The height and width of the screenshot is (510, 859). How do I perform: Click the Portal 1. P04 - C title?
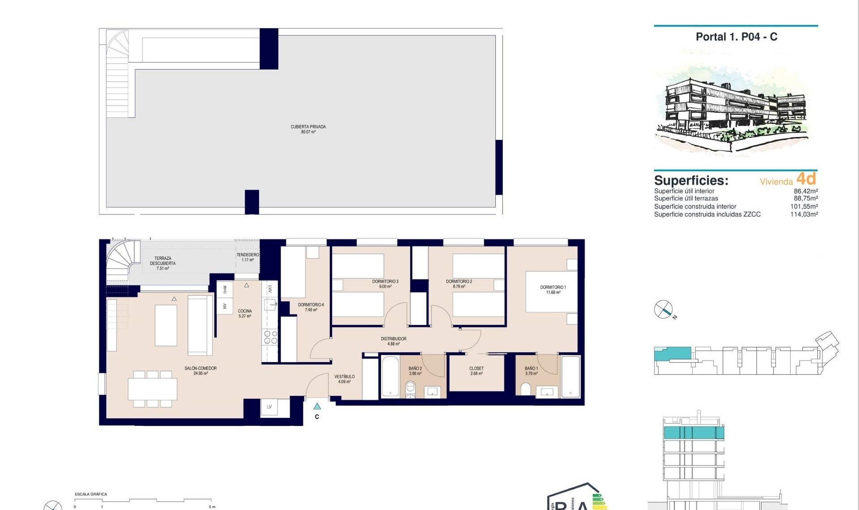pos(736,37)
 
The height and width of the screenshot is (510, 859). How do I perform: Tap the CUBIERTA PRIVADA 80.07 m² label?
pos(308,129)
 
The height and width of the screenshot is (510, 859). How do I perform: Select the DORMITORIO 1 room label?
pos(553,289)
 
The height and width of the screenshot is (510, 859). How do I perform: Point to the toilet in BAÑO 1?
pos(526,389)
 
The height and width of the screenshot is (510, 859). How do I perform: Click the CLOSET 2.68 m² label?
pos(476,371)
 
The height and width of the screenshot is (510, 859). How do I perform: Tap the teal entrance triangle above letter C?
pos(317,406)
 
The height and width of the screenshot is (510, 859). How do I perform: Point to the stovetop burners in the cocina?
pos(270,337)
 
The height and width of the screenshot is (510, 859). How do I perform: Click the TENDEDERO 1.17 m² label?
pos(247,257)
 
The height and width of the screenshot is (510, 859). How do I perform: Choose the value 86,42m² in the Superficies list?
pos(805,191)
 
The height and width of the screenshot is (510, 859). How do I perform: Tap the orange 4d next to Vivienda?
pos(806,179)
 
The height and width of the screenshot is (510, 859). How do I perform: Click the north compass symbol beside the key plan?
pos(663,310)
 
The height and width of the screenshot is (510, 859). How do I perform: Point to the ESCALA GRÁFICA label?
pos(91,494)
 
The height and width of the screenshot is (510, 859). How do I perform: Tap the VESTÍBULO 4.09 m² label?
pos(344,379)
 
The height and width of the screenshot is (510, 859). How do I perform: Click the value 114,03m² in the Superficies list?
pos(804,214)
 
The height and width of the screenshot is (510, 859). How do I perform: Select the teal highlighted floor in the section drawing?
pos(693,433)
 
